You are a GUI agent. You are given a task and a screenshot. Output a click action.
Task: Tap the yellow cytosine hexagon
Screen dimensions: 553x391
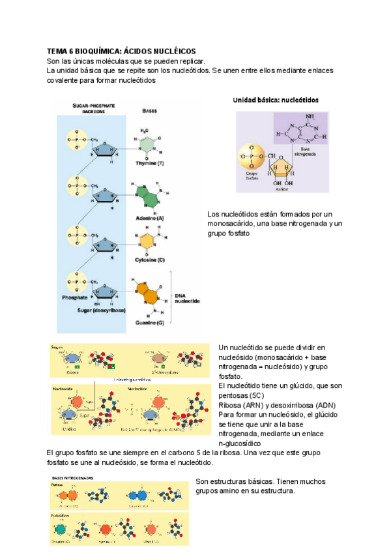click(x=149, y=239)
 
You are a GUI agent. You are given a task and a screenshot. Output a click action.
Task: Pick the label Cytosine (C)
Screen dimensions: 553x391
click(x=150, y=259)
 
